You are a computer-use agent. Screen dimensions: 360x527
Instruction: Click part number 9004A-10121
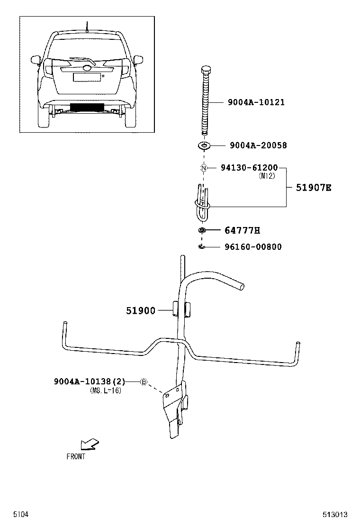[256, 102]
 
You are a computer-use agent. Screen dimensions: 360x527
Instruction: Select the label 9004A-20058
[258, 145]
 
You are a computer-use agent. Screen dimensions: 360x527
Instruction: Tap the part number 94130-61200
[249, 167]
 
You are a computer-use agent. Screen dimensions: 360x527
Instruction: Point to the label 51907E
[313, 188]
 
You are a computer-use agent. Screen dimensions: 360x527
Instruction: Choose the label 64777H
[242, 230]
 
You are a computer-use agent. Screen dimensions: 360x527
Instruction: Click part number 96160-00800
[253, 247]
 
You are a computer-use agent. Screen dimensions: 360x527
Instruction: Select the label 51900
[141, 310]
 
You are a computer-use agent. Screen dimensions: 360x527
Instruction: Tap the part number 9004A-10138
[82, 382]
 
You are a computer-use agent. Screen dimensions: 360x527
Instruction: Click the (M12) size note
[267, 176]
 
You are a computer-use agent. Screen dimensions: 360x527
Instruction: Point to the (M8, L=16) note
[106, 391]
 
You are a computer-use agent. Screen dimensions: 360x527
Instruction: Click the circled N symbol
[204, 168]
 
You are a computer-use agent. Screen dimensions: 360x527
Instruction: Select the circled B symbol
[144, 382]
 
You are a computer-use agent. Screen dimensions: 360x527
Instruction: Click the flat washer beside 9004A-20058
[204, 145]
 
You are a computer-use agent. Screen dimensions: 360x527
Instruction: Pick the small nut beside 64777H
[202, 230]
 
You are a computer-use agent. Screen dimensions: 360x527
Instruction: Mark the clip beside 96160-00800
[202, 247]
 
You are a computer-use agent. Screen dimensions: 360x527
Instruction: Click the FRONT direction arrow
[90, 444]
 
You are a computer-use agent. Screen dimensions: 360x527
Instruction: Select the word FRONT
[76, 456]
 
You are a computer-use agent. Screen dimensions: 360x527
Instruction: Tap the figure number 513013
[335, 515]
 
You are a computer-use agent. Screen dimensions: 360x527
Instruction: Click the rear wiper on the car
[83, 61]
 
